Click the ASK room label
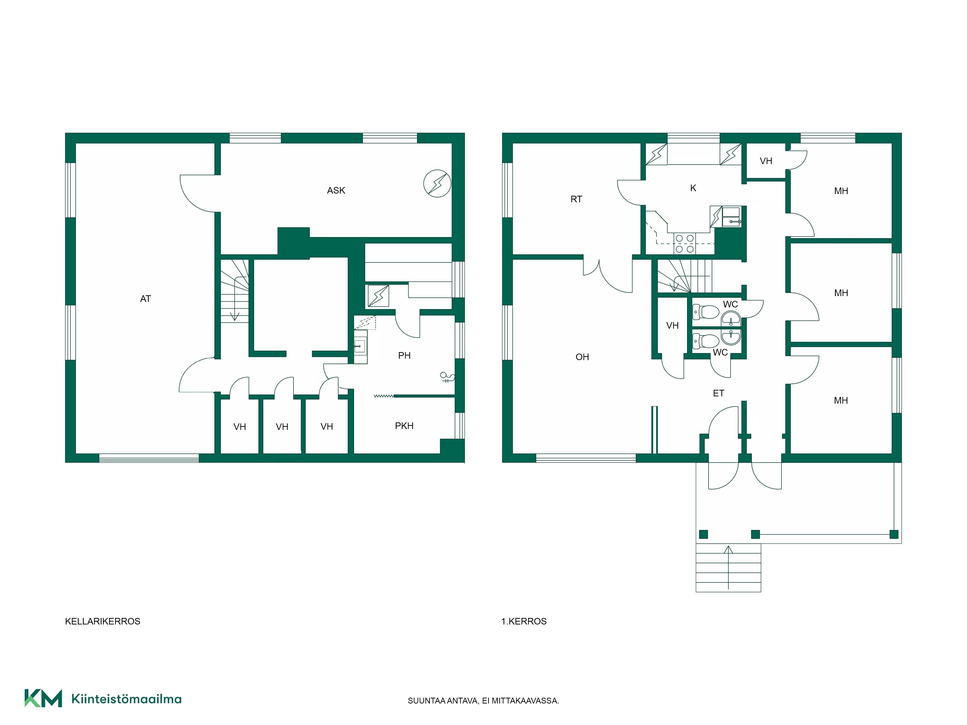[x=336, y=190]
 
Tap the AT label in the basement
[x=146, y=299]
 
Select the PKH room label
[x=404, y=426]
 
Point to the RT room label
[x=576, y=199]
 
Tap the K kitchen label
[x=693, y=188]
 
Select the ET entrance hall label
[x=718, y=393]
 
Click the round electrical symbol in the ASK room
[x=437, y=183]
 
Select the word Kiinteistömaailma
[x=126, y=699]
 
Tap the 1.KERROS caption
[x=524, y=621]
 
